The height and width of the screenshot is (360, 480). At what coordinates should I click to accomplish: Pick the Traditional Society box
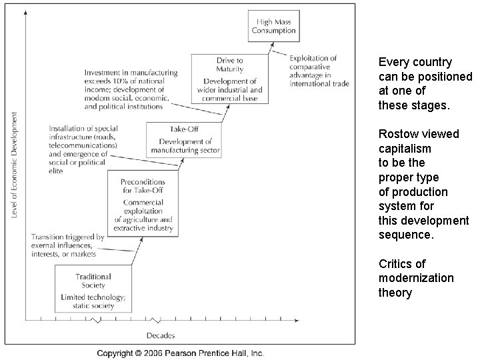(93, 286)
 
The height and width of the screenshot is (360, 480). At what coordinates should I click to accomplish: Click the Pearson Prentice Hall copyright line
(180, 353)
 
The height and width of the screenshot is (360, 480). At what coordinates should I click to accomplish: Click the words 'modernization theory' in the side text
(416, 285)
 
